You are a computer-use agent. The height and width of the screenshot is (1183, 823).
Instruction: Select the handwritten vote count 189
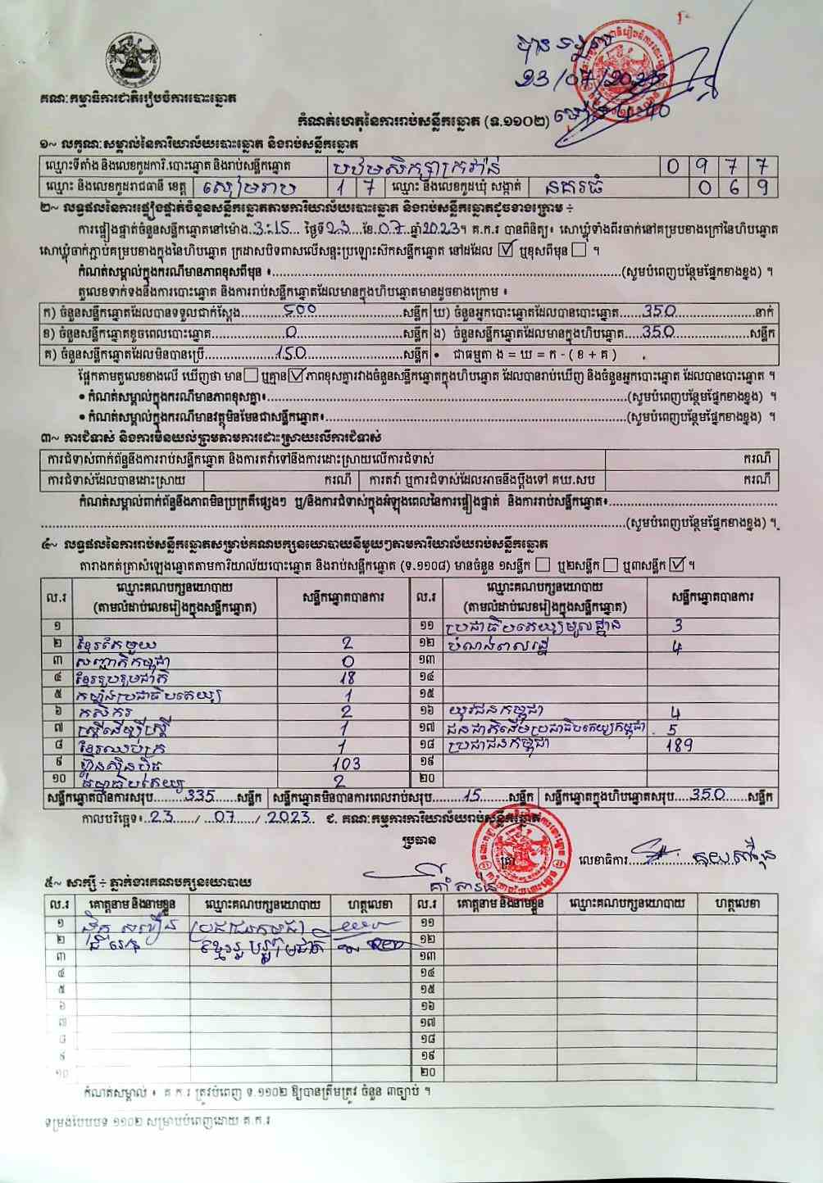click(x=679, y=746)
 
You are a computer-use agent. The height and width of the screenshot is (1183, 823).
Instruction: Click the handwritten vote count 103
click(x=346, y=764)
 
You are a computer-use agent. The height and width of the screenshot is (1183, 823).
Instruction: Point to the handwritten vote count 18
click(x=347, y=678)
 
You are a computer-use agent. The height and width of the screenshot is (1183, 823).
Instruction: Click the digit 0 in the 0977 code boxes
click(x=673, y=166)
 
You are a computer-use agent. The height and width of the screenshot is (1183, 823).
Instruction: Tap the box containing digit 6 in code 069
click(x=734, y=187)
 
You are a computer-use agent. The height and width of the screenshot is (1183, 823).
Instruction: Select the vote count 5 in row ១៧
click(x=672, y=728)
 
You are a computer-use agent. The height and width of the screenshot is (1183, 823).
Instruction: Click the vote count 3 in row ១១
click(x=677, y=627)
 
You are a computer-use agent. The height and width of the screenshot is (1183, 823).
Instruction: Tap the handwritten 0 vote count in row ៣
click(x=348, y=661)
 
